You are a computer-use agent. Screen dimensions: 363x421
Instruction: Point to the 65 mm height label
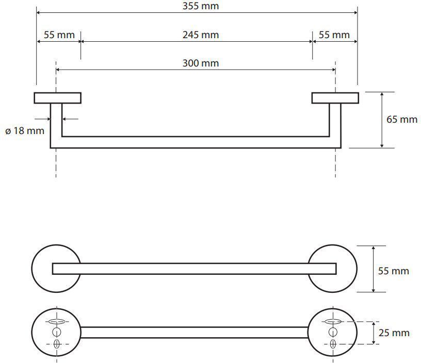(402, 120)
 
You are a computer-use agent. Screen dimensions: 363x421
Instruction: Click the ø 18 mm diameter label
(25, 131)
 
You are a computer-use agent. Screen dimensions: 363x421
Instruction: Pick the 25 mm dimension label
(394, 333)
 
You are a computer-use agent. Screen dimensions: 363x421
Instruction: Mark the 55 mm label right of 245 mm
(334, 35)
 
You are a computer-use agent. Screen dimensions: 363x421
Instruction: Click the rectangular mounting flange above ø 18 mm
(58, 98)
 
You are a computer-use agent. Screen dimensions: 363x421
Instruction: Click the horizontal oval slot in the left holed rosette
(56, 322)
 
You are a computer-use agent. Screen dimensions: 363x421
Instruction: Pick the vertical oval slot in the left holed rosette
(56, 344)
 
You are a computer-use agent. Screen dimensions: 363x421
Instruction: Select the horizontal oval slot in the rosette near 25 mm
(332, 322)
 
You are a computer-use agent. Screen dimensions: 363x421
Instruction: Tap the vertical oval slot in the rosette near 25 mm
(332, 344)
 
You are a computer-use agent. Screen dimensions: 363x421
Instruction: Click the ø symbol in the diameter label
(8, 131)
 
